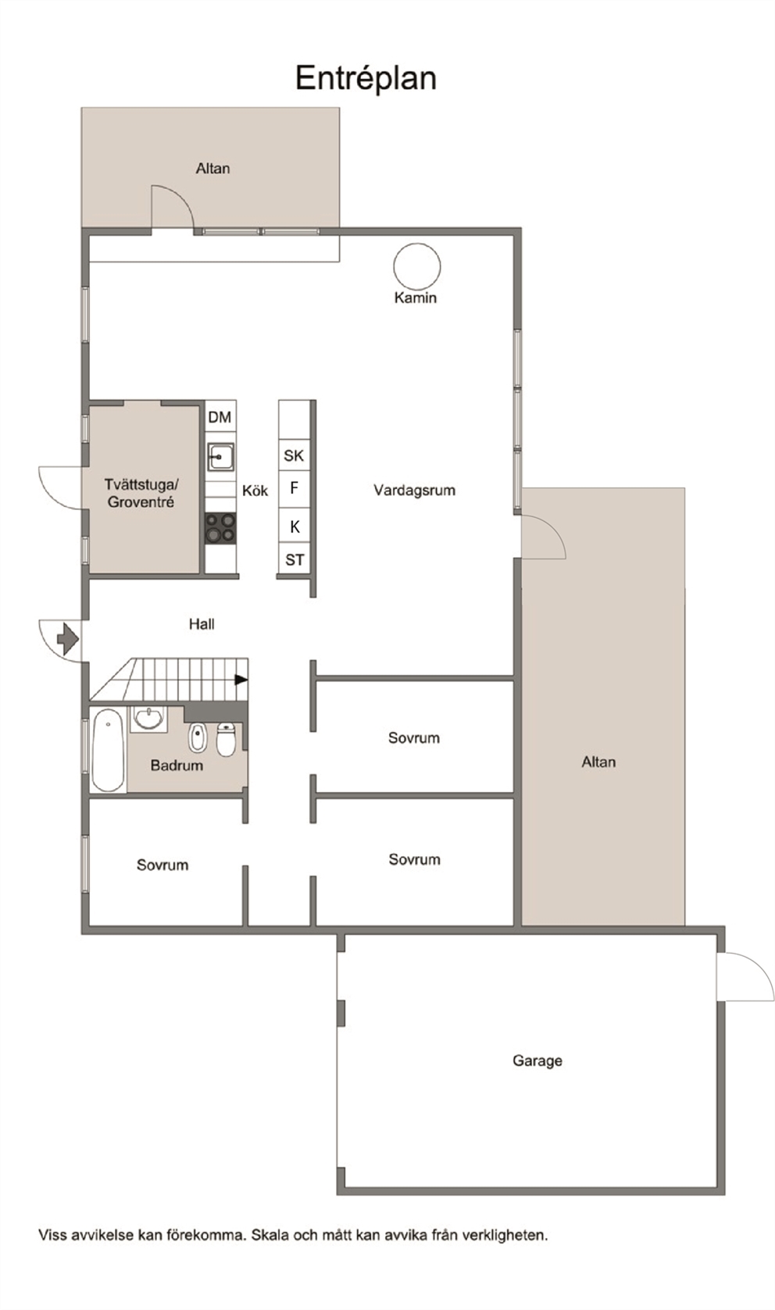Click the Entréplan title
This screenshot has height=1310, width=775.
[366, 79]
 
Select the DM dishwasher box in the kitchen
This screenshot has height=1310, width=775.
[220, 417]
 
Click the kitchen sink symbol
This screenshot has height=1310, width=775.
[220, 457]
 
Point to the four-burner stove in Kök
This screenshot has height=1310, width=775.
[220, 528]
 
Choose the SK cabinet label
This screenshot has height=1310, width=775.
[294, 455]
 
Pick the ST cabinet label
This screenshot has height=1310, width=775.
[295, 559]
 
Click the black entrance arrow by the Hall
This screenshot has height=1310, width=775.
[67, 639]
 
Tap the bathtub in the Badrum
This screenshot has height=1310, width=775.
[109, 751]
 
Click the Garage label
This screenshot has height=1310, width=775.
[537, 1060]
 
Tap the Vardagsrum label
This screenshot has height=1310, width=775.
[414, 490]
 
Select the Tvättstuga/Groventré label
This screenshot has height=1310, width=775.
[141, 493]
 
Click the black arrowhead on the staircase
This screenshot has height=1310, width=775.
[241, 680]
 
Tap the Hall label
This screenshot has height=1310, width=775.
[202, 624]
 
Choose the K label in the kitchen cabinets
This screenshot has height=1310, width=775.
[295, 527]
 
